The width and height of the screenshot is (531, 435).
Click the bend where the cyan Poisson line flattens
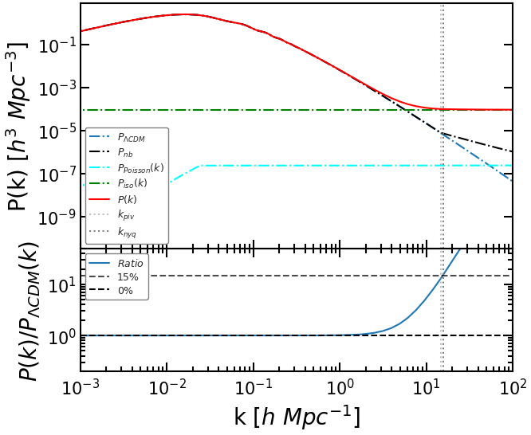(201, 165)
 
